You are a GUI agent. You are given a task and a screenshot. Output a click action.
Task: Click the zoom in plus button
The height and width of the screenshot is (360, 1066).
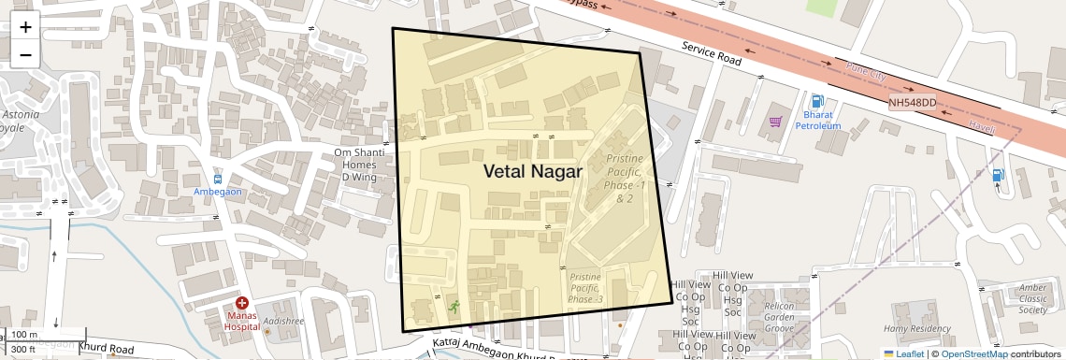[25, 27]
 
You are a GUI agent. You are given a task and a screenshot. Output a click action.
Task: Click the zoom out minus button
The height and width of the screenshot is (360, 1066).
[25, 54]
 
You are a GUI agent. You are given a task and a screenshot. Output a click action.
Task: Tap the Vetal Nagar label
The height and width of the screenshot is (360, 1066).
[532, 171]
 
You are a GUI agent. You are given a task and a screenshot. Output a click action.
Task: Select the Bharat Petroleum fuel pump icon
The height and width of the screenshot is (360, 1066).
[818, 101]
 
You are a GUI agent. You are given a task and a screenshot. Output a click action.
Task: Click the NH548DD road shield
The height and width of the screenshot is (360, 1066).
[912, 102]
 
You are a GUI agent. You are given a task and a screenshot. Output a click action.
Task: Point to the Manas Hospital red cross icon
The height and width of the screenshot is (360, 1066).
[242, 303]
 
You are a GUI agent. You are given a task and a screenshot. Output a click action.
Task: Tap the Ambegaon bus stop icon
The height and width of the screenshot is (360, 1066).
[218, 178]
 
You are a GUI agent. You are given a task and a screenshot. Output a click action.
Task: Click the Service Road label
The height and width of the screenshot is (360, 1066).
[711, 52]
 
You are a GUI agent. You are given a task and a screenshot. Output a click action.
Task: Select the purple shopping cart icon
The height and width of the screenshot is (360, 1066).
[775, 121]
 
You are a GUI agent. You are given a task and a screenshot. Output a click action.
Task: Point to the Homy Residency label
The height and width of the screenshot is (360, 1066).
[915, 328]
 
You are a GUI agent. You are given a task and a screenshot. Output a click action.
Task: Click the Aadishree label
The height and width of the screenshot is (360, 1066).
[282, 321]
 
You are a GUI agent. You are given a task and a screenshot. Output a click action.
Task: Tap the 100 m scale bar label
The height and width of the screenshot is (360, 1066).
[24, 335]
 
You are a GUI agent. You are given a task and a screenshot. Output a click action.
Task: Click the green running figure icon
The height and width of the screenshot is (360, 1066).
[454, 306]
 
